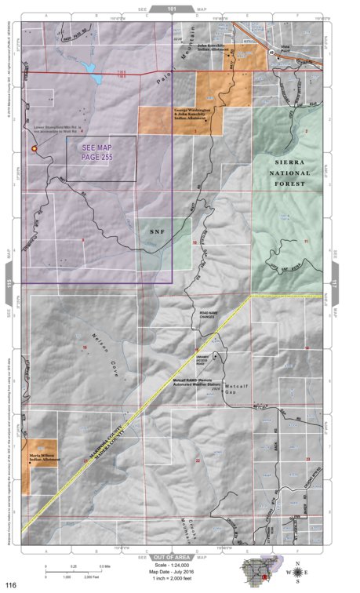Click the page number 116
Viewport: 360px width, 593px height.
10,584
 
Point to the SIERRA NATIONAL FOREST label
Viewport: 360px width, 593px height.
289,172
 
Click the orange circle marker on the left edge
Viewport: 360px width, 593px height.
34,147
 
